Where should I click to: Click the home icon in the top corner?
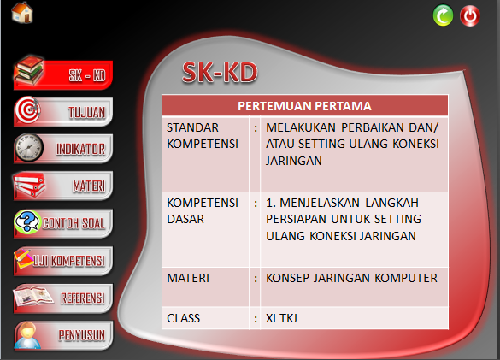pyautogui.click(x=22, y=14)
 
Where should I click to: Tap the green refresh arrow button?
pyautogui.click(x=443, y=15)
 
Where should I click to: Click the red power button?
pyautogui.click(x=470, y=15)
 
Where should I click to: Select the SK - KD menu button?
pyautogui.click(x=64, y=74)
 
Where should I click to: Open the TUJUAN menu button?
pyautogui.click(x=64, y=111)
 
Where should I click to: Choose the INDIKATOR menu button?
pyautogui.click(x=64, y=148)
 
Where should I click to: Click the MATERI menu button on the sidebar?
pyautogui.click(x=64, y=185)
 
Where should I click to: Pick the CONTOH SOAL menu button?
pyautogui.click(x=64, y=222)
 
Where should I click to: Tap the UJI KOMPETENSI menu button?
pyautogui.click(x=64, y=259)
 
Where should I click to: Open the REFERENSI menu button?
pyautogui.click(x=64, y=297)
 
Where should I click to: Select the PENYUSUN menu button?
pyautogui.click(x=64, y=333)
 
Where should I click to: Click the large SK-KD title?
pyautogui.click(x=220, y=74)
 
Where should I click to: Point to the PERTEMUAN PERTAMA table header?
pyautogui.click(x=304, y=106)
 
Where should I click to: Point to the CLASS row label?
pyautogui.click(x=183, y=318)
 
